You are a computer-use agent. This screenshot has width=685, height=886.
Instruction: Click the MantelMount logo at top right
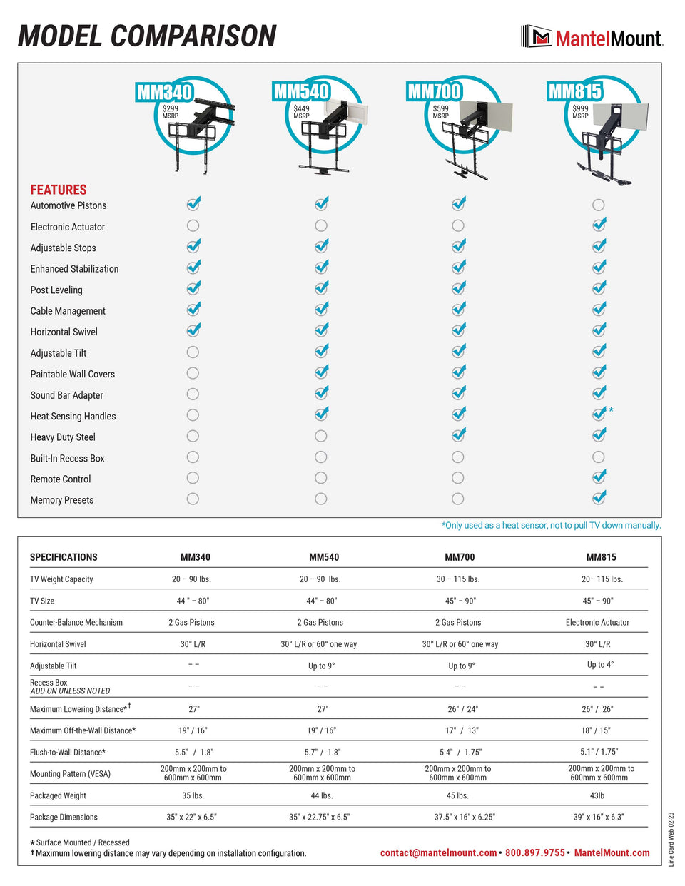click(x=592, y=37)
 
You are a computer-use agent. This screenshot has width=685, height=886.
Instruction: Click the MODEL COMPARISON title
click(x=147, y=36)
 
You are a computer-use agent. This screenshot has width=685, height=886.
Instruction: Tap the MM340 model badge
click(x=164, y=92)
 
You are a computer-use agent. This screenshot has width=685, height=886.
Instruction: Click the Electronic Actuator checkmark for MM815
click(x=599, y=225)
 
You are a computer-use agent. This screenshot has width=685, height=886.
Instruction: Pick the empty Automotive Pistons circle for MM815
click(x=598, y=205)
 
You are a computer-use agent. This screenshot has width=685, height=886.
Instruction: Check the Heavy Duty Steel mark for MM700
click(x=458, y=435)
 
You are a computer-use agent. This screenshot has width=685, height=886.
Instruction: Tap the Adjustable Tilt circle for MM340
click(x=193, y=352)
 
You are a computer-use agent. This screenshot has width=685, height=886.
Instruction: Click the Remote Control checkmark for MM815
click(x=599, y=477)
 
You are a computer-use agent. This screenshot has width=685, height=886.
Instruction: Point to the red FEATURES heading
click(x=59, y=190)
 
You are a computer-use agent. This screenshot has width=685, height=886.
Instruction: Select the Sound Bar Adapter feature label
click(x=66, y=395)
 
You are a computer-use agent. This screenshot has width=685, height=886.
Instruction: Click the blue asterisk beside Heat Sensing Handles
click(x=611, y=411)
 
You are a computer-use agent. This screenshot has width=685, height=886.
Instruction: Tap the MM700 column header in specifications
click(x=460, y=557)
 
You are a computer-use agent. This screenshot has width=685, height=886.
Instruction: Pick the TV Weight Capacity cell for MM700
click(x=458, y=579)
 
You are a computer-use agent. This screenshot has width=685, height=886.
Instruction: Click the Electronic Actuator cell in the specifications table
click(x=597, y=623)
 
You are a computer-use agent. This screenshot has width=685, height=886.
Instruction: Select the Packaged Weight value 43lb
click(x=597, y=795)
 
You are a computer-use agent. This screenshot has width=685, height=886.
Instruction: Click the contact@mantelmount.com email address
click(x=438, y=853)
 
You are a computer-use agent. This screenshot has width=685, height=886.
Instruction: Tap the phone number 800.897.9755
click(x=535, y=853)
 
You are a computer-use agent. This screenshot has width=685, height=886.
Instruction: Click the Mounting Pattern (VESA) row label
click(x=70, y=774)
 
